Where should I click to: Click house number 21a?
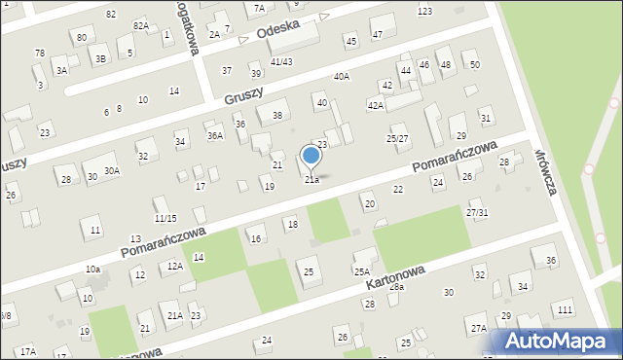pos(311,180)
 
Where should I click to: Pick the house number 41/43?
pos(281,62)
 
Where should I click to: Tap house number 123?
pos(424,11)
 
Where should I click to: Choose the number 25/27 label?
pos(397,139)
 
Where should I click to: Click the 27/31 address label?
pos(477,213)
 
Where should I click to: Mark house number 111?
pos(565,308)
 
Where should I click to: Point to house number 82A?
pos(141,26)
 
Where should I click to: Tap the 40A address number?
pos(341,77)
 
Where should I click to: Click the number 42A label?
pos(375,104)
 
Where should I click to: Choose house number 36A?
pos(214,136)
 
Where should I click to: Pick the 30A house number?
pos(112,171)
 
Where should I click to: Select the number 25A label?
pos(361,272)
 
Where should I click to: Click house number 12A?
pos(174,266)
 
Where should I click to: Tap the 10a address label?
pos(92,269)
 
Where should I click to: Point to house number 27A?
pos(477,329)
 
